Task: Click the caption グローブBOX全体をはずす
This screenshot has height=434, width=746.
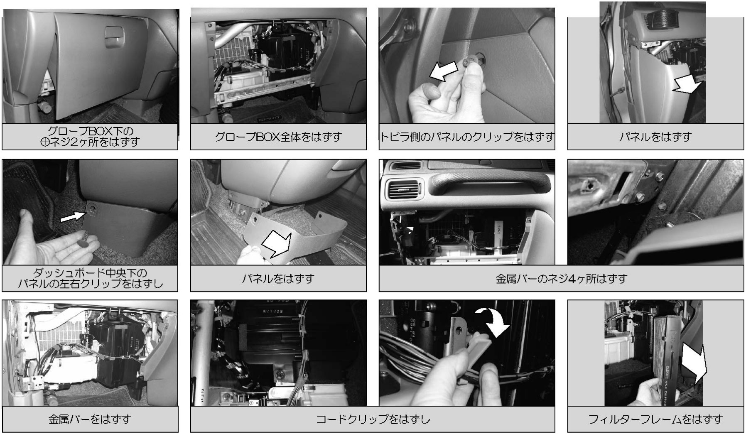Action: click(x=278, y=137)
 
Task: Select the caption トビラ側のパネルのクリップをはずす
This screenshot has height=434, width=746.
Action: click(x=467, y=137)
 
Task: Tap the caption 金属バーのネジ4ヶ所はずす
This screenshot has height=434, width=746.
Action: click(x=561, y=278)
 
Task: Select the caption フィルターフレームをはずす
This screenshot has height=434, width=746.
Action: click(x=655, y=419)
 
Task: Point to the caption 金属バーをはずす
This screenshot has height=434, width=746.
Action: click(x=90, y=419)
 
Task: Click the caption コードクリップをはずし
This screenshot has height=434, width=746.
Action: click(x=373, y=419)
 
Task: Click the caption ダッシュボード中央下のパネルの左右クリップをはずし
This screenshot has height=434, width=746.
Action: click(x=90, y=279)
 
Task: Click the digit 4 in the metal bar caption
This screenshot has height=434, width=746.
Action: click(x=571, y=278)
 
